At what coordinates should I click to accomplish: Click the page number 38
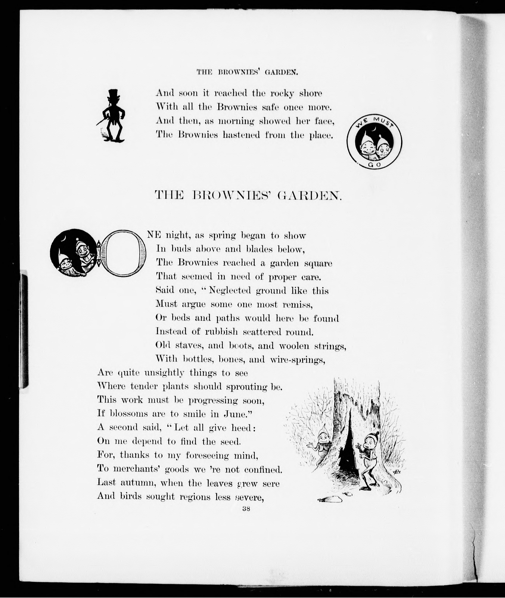(x=246, y=508)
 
